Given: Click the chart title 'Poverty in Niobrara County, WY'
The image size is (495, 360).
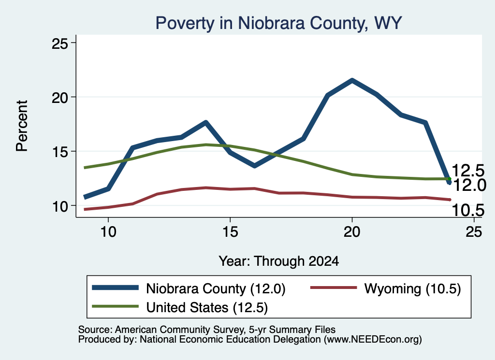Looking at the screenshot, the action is pos(278,23).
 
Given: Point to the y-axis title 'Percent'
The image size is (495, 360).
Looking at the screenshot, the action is pos(22,126).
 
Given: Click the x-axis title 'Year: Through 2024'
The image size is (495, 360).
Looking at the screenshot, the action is pos(279,261).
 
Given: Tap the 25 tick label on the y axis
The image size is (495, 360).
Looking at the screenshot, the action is pos(60,43).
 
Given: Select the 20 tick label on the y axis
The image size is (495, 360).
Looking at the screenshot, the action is pos(60,98).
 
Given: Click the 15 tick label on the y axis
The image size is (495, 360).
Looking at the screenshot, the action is pos(60,152).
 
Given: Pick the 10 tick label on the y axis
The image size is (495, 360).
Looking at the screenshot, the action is pos(60,206).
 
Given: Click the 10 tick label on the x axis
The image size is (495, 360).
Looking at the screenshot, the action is pos(108,232).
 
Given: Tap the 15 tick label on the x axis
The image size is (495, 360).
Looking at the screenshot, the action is pos(230,232).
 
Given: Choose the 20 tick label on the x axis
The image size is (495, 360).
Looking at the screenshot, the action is pos(352,232).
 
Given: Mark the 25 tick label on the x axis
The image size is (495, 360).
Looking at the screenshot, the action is pos(474,232).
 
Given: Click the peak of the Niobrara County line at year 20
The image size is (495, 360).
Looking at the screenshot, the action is pos(352,80).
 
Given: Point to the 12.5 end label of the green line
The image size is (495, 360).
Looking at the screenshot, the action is pos(468,171).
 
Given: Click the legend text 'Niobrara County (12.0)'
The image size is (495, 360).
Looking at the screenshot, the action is pos(216,288).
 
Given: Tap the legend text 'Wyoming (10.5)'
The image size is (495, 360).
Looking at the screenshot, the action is pos(413,288).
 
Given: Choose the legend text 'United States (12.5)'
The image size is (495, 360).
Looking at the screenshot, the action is pos(207,307).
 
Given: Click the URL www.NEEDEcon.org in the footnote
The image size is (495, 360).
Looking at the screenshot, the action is pos(372,340).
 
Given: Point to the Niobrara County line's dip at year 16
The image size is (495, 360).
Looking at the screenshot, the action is pos(254,166).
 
